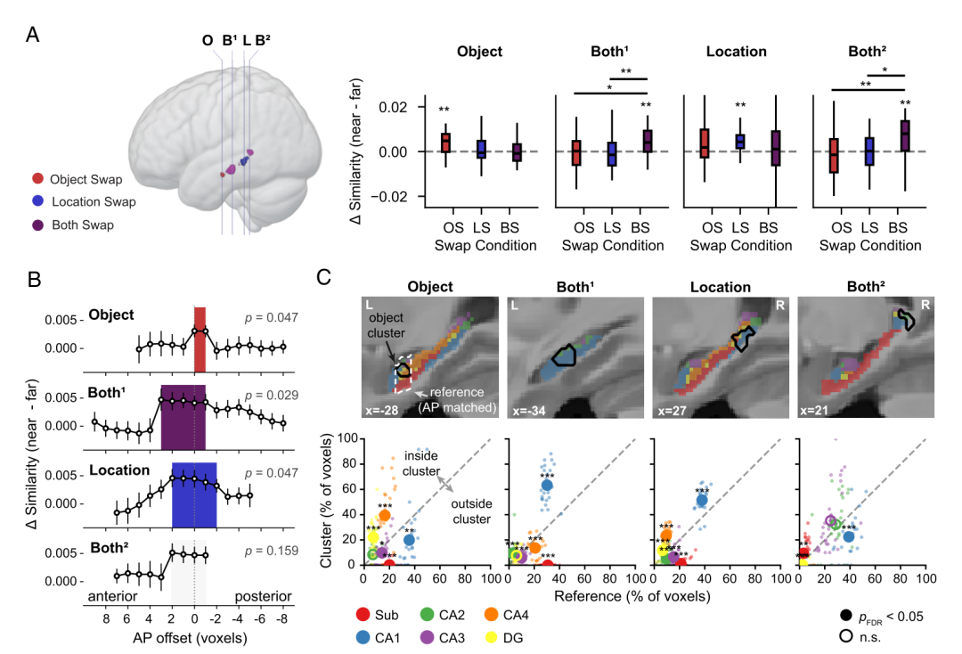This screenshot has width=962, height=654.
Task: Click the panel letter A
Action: coord(33,35)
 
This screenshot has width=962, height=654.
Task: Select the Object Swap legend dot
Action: coord(38,178)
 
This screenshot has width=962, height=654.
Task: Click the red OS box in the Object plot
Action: coord(446,143)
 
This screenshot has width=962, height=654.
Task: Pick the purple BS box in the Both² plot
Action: coord(905,135)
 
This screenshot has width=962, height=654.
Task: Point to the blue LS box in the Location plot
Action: coord(740,141)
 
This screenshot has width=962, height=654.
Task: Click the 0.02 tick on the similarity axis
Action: coord(394,107)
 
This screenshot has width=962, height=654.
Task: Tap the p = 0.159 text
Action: coord(271,551)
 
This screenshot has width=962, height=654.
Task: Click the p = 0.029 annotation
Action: coord(271,395)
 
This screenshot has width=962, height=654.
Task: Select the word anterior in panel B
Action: coord(112,596)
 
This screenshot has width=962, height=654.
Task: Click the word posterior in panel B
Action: coord(263,596)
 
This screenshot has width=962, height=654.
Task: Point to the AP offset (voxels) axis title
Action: coord(191,638)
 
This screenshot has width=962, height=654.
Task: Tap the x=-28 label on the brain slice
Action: coord(381,410)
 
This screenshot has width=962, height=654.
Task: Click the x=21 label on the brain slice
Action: coord(815,410)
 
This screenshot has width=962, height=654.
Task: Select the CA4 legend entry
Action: coord(506,615)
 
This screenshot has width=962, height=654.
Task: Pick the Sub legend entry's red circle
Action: coord(363,615)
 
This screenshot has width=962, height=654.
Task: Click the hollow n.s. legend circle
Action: coord(846,636)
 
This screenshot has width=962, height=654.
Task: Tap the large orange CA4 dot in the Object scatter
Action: coord(385,515)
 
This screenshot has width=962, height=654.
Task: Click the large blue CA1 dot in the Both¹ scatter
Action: coord(547,486)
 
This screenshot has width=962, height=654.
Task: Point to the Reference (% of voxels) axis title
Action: coord(632,596)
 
